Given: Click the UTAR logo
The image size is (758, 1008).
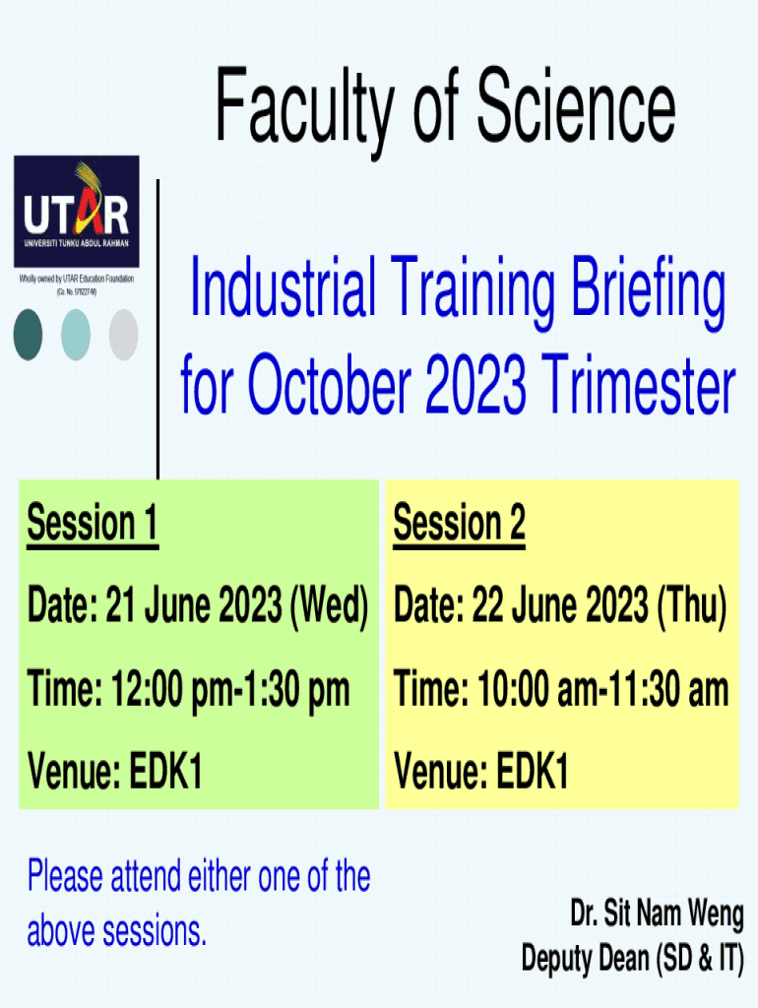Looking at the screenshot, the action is (77, 212).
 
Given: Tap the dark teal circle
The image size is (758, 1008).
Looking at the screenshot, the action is (28, 335).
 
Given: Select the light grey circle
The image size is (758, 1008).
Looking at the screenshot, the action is (123, 335).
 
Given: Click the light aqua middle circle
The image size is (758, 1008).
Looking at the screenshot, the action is (76, 335).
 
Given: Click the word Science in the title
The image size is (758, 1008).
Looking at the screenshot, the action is (576, 106).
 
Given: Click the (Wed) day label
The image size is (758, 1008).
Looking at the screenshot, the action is (329, 605).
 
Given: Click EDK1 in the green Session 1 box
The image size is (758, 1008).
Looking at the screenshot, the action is (165, 771).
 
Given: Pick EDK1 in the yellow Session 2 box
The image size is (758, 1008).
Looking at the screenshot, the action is (533, 771).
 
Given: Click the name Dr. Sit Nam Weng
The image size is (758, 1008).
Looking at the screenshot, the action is (657, 913).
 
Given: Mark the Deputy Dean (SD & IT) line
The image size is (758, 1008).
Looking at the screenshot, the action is (633, 959).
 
